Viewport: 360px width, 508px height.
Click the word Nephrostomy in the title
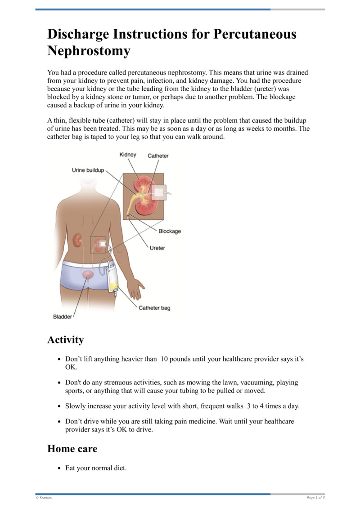click(x=89, y=51)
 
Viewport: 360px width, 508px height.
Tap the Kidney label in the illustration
click(x=128, y=155)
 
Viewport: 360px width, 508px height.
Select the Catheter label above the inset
click(x=158, y=156)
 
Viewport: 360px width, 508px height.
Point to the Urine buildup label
click(x=88, y=170)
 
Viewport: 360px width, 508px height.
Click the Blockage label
click(x=169, y=231)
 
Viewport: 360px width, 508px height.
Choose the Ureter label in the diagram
click(x=157, y=248)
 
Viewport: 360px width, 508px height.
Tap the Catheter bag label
click(x=154, y=308)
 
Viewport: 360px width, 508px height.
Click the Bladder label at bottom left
click(x=63, y=316)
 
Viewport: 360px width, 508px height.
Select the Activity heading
click(x=65, y=340)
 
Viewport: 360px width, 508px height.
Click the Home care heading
click(x=72, y=449)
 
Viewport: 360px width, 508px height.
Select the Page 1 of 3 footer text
click(x=315, y=498)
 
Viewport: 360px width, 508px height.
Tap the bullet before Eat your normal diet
click(x=60, y=468)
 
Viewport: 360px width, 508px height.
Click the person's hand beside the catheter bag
click(x=135, y=288)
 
